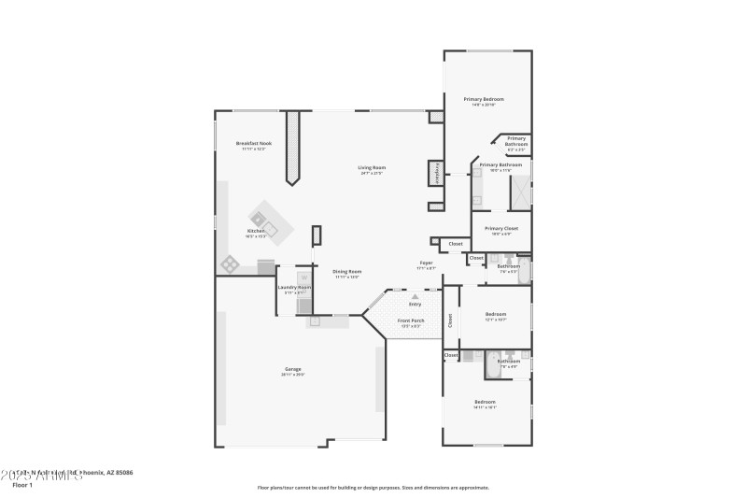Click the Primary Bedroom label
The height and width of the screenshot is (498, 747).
pos(484,99)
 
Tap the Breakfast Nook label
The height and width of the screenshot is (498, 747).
pos(253,143)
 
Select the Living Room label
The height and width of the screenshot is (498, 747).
pos(372,168)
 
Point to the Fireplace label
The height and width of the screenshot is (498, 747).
pos(435,173)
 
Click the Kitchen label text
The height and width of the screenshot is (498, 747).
pos(256,231)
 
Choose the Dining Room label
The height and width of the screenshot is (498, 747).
pos(347,272)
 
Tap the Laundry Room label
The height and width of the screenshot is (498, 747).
pos(294,288)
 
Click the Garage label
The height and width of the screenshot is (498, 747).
pos(293,370)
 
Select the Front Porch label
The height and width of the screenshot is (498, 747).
pos(412,321)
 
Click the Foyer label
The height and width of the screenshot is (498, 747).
pos(426,263)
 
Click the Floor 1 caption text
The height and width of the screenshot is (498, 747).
pos(21,485)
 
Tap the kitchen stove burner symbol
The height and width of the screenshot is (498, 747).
pos(230,264)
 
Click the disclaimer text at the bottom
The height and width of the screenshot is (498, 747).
pos(373,487)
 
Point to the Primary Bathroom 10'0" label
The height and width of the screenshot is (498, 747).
pos(501,165)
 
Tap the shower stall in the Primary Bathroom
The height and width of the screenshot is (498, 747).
pos(518,192)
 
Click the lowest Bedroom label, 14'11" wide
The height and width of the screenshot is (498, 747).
pos(484,403)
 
